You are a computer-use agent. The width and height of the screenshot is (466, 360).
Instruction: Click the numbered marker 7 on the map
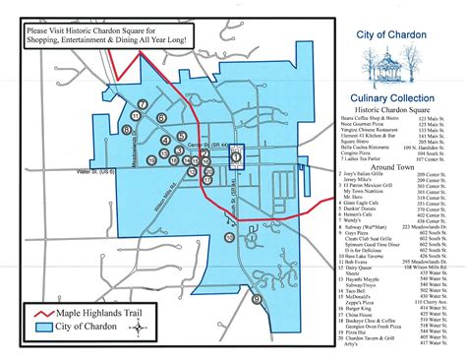click(144, 104)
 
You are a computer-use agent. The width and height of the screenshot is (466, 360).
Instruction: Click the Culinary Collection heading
click(397, 98)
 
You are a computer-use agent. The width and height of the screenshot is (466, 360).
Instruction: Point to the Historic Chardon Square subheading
click(397, 111)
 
